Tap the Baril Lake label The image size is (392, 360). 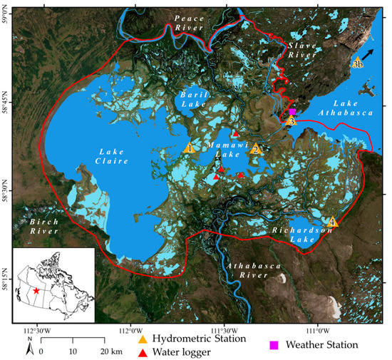click(x=192, y=99)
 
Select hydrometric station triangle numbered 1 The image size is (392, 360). click(x=189, y=148)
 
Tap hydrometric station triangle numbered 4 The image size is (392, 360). click(x=331, y=222)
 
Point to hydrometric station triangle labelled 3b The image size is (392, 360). click(x=358, y=63)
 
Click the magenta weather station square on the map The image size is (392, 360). click(x=292, y=112)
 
